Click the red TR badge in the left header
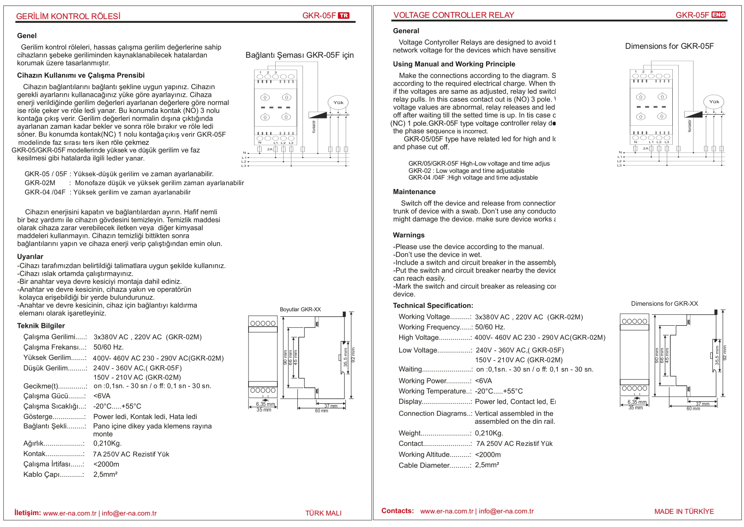click(344, 16)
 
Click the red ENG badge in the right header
click(719, 15)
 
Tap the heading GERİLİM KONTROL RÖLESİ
click(68, 17)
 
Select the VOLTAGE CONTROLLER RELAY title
click(453, 15)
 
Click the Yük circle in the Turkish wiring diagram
click(338, 102)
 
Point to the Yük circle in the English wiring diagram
click(714, 101)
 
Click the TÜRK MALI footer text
click(323, 513)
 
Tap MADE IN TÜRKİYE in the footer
click(684, 511)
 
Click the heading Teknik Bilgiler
click(41, 326)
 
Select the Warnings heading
click(408, 235)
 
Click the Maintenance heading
click(414, 192)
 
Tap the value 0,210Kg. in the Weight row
click(489, 433)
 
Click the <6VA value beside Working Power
click(484, 381)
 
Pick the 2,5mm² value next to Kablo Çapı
click(105, 474)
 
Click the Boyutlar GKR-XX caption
click(300, 310)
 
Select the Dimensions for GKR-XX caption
click(664, 304)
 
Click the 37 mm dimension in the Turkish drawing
click(331, 406)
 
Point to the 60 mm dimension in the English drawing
click(693, 409)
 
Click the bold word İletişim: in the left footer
click(28, 513)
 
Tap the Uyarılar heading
click(30, 256)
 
